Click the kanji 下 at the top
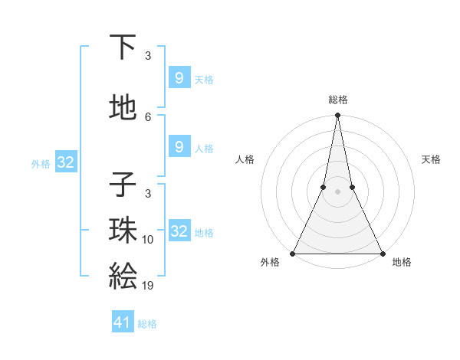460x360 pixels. [123, 47]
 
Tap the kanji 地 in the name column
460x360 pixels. [123, 108]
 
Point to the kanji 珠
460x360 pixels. [123, 231]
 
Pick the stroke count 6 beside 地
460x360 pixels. [148, 117]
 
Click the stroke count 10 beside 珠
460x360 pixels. [148, 240]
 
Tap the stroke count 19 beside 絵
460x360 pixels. [148, 286]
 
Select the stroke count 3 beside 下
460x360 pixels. [148, 56]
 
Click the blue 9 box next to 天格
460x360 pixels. [179, 77]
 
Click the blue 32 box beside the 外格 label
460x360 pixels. [66, 162]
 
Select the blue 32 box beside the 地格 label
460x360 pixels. [179, 231]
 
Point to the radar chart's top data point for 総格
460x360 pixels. [337, 116]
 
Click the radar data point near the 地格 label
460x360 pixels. [382, 254]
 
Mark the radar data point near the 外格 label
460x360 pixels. [293, 254]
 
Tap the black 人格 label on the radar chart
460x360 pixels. [245, 159]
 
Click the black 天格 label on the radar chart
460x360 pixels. [431, 159]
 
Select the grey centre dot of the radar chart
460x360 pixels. [337, 191]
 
